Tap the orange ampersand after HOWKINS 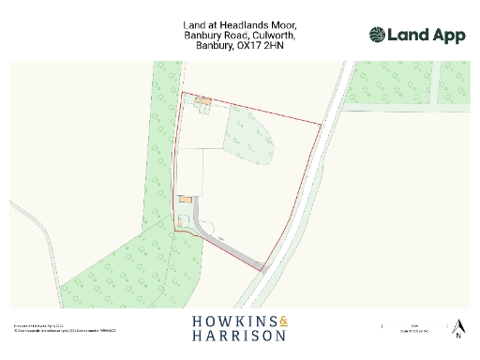pos(283,322)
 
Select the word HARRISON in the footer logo pos(239,336)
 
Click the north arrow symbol pos(458,325)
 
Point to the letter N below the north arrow pos(458,337)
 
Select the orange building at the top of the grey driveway pos(185,199)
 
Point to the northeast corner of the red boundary pos(321,124)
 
